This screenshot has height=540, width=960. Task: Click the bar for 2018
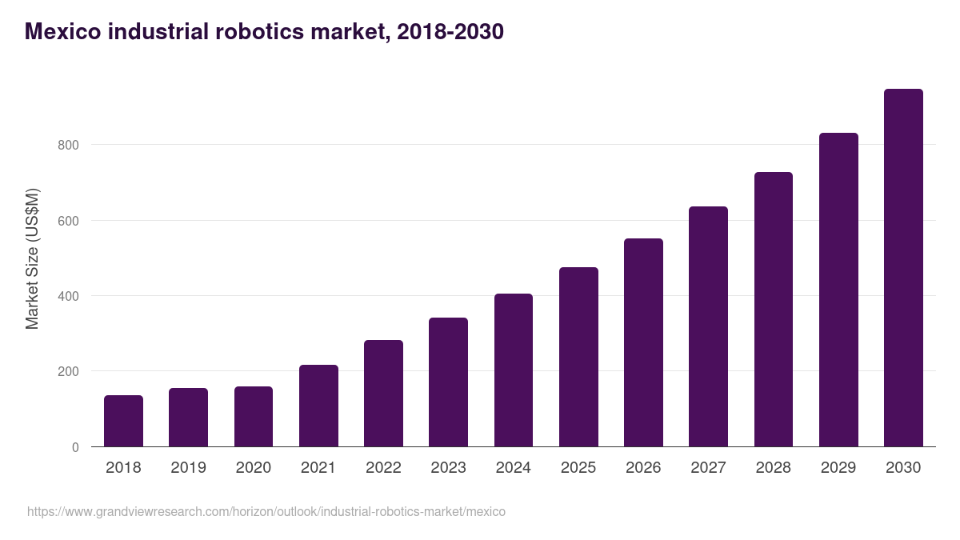click(x=123, y=421)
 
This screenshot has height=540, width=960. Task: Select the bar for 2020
click(x=254, y=417)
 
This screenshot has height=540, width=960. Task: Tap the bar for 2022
click(x=383, y=394)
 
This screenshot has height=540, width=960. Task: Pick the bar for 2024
click(x=513, y=370)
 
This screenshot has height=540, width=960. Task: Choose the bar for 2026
click(x=643, y=342)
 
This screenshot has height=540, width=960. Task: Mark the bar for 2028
click(x=773, y=310)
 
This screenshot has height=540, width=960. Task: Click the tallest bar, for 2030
click(x=903, y=268)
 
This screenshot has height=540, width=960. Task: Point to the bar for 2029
click(x=838, y=290)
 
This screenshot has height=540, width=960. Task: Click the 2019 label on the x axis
click(x=188, y=467)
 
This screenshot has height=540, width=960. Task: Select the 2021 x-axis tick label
click(x=318, y=467)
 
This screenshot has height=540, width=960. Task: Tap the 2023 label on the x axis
click(x=448, y=467)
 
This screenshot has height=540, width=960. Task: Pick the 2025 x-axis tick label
click(x=578, y=467)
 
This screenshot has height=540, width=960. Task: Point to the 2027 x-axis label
click(x=708, y=467)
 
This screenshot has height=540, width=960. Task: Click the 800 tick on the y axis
click(x=68, y=145)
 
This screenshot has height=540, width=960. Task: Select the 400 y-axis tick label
click(x=68, y=296)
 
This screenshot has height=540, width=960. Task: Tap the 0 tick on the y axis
click(x=75, y=447)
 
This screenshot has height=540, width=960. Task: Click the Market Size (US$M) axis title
click(x=32, y=258)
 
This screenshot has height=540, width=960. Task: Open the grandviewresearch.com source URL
click(x=266, y=511)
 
